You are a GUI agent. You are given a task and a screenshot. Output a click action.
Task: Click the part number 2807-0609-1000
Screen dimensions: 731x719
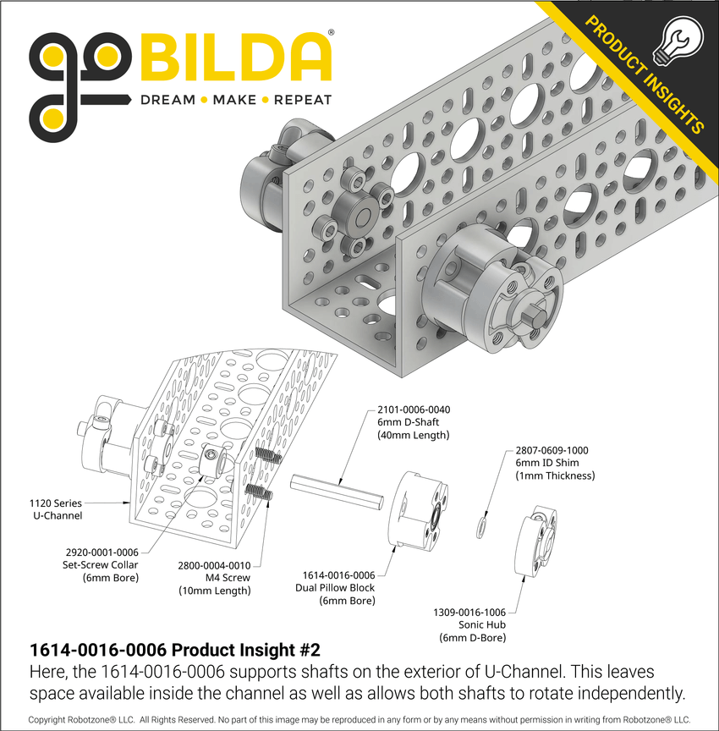click(552, 451)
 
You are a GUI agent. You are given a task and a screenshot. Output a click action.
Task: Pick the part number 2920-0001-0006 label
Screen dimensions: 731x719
click(101, 551)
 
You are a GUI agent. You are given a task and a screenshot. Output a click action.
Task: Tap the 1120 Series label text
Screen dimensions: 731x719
click(56, 503)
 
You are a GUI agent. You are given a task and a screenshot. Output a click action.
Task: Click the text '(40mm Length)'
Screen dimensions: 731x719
click(413, 435)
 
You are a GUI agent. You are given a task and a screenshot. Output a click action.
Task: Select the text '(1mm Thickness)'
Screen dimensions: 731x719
click(555, 476)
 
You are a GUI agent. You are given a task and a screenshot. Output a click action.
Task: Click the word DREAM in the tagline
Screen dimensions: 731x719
click(167, 100)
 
